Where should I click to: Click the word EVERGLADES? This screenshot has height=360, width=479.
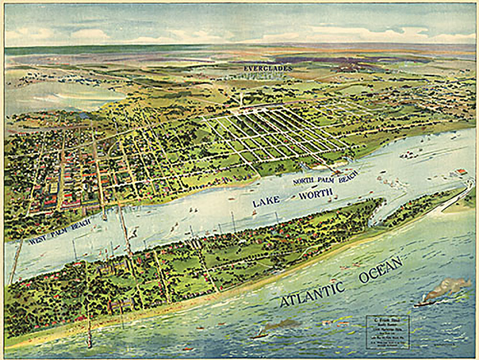click(268, 68)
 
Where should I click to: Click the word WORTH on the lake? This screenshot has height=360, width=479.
click(315, 193)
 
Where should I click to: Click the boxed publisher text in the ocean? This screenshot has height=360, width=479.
click(387, 332)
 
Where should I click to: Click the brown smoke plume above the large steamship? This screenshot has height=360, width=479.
click(448, 287)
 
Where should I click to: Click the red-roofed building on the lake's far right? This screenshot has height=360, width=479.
click(461, 172)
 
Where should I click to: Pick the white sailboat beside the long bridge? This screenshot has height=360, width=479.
click(134, 232)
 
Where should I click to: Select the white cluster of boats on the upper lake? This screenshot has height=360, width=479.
click(408, 155)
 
